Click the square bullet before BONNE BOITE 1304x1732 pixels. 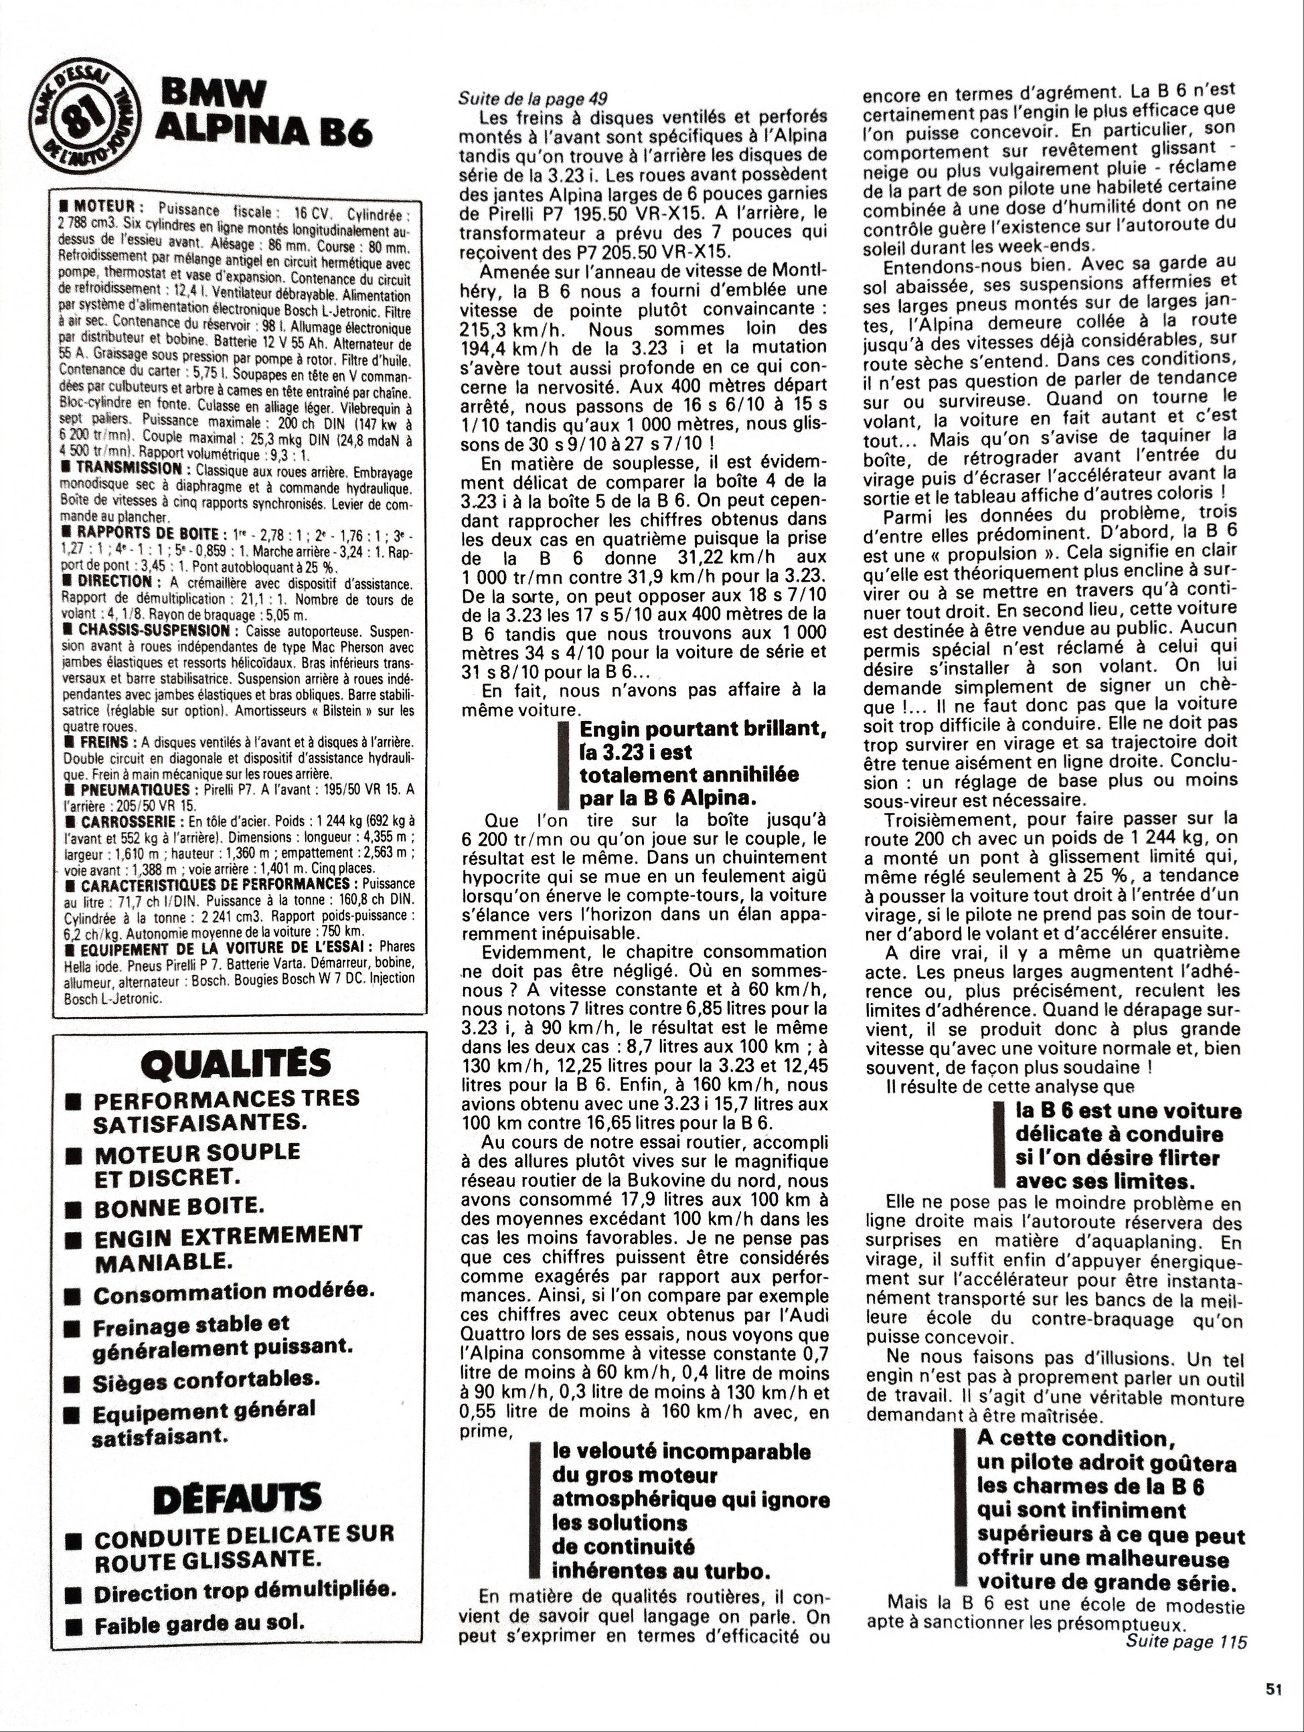pos(74,1208)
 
